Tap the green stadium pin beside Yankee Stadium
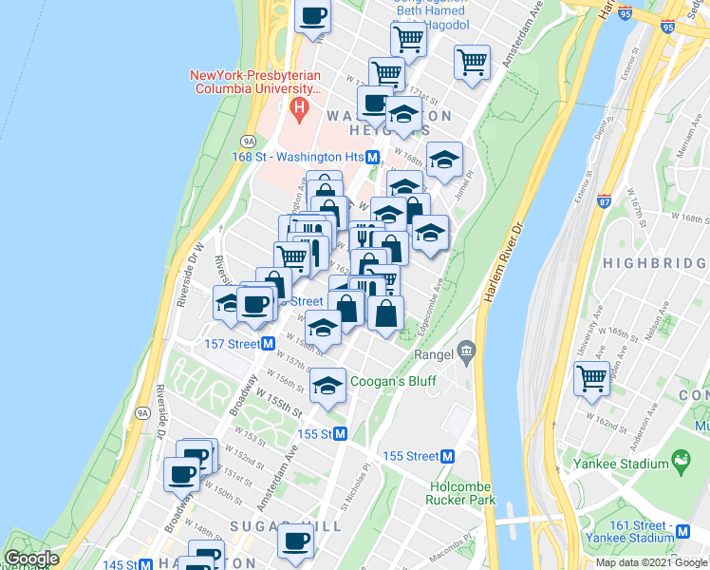680,462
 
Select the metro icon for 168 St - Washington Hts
373,157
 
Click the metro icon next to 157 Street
269,343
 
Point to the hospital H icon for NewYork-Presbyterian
299,109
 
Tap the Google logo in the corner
31,559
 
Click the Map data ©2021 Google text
652,562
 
